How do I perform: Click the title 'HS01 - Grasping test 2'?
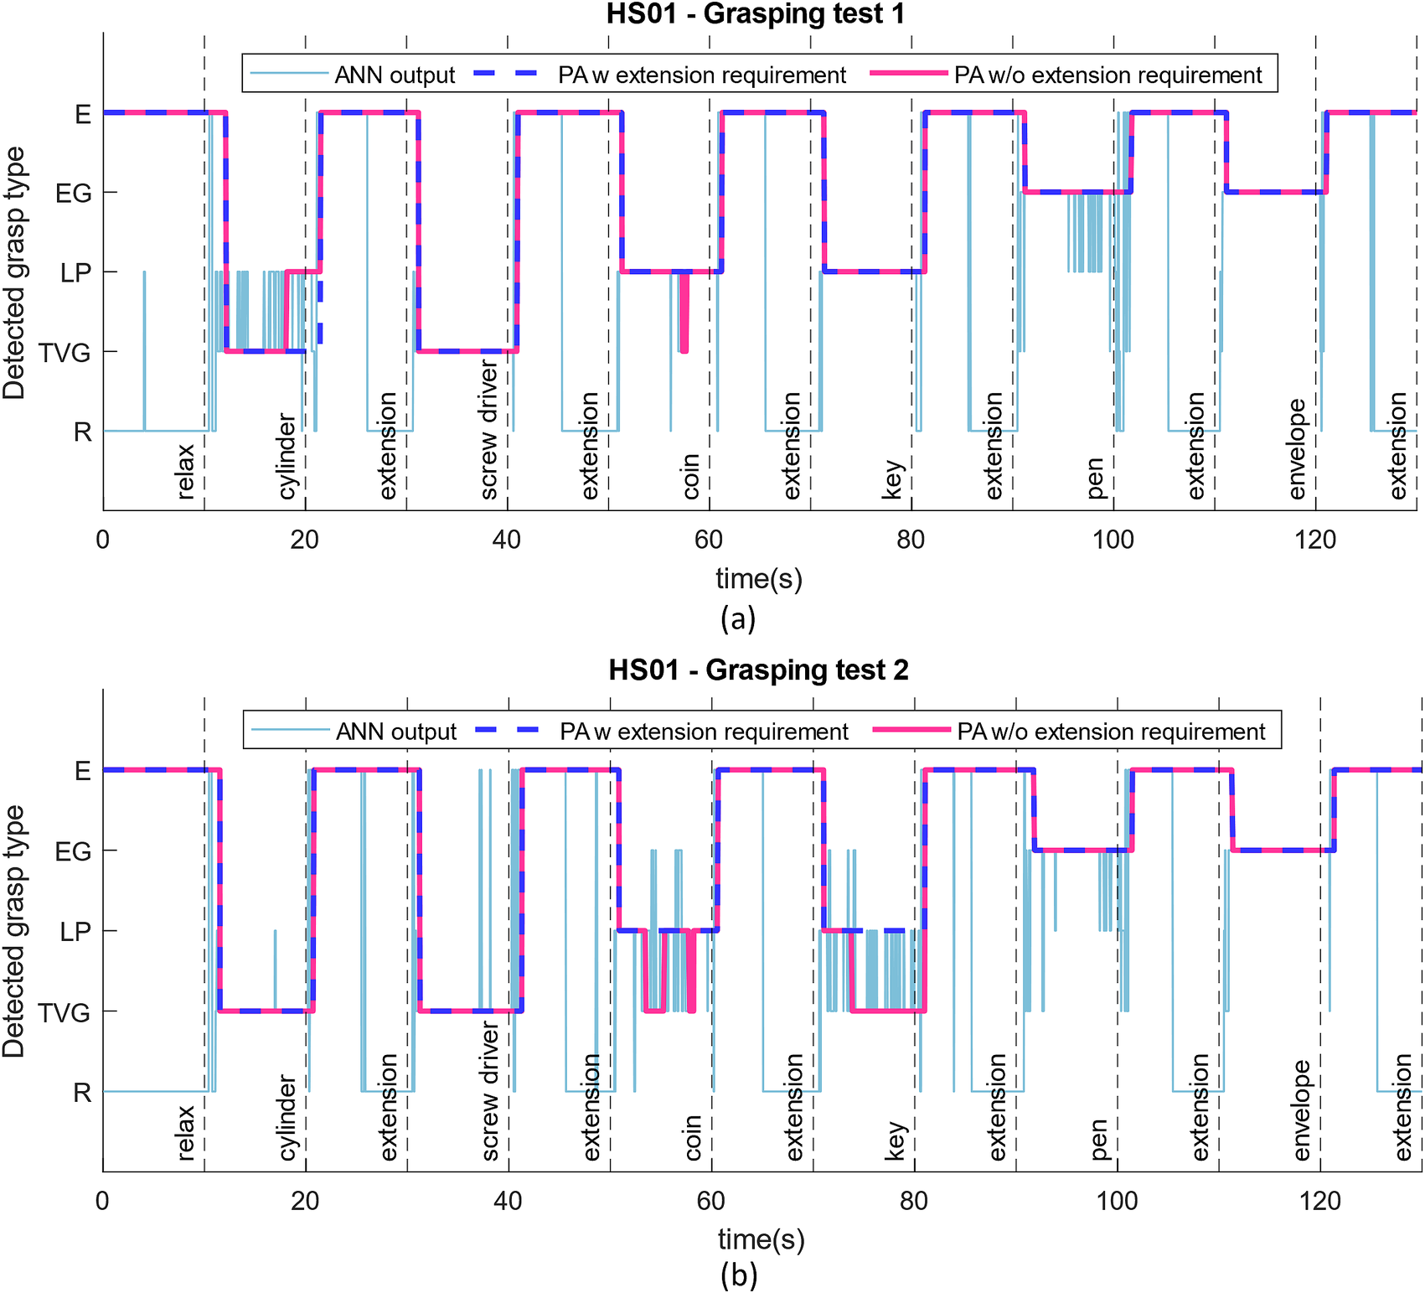[x=758, y=670]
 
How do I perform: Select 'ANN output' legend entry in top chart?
[x=394, y=75]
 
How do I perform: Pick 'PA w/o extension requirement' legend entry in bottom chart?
[x=1110, y=732]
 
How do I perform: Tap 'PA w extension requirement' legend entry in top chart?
[x=701, y=75]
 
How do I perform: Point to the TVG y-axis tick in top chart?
[x=65, y=352]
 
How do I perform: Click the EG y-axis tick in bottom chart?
[x=73, y=851]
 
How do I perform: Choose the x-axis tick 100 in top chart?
[x=1113, y=540]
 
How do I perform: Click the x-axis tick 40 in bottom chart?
[x=508, y=1201]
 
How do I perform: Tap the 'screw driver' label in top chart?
[x=489, y=431]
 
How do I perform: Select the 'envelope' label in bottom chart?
[x=1301, y=1110]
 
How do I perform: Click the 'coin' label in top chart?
[x=691, y=476]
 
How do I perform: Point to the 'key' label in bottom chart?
[x=896, y=1140]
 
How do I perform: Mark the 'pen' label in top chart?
[x=1095, y=478]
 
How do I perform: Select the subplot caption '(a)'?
[x=737, y=618]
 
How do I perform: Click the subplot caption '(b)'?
[x=738, y=1275]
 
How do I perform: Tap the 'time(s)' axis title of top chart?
[x=759, y=578]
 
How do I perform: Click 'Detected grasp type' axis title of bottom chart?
[x=14, y=931]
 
